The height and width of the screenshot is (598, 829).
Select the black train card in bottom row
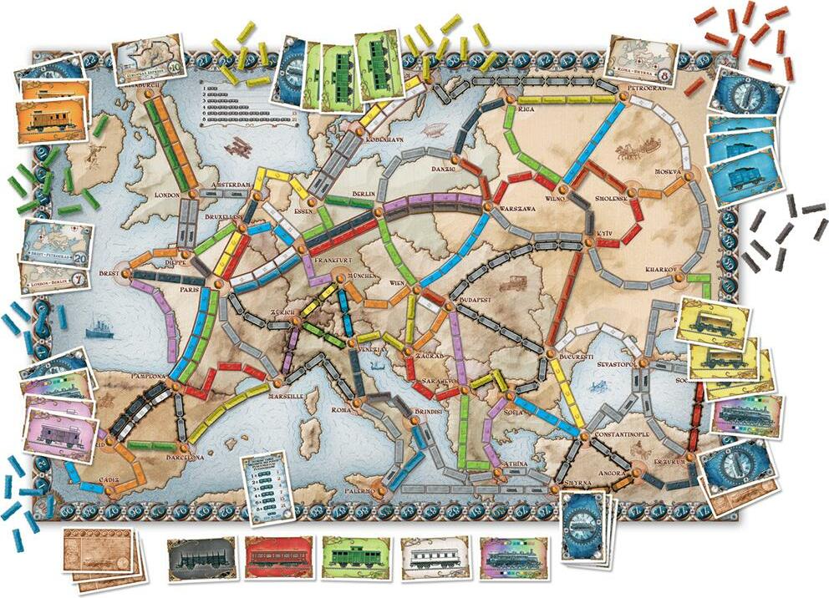pos(200,558)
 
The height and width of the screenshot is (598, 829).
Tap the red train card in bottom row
pos(277,558)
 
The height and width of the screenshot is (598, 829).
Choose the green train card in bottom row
pos(355,558)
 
